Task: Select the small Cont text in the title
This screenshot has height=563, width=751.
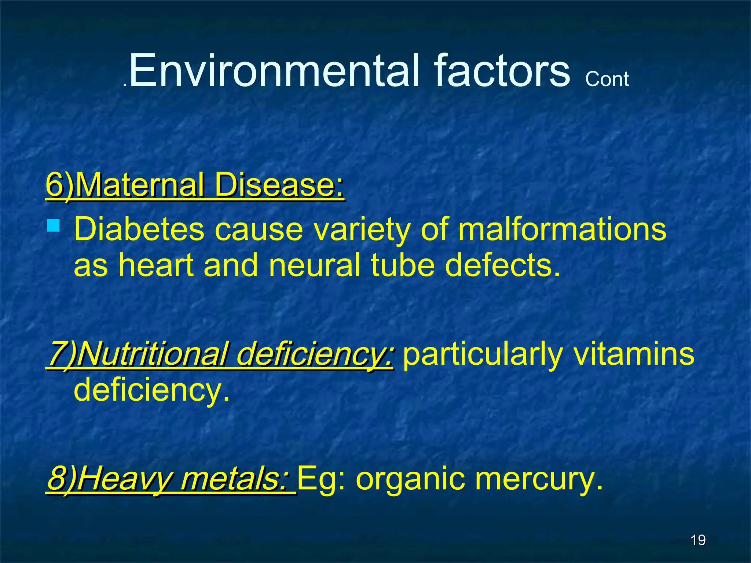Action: tap(607, 79)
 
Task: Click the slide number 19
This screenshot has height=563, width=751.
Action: tap(698, 540)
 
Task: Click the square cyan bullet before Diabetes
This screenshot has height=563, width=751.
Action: tap(54, 225)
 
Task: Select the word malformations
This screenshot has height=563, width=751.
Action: tap(562, 229)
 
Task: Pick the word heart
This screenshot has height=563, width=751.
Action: tap(156, 265)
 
